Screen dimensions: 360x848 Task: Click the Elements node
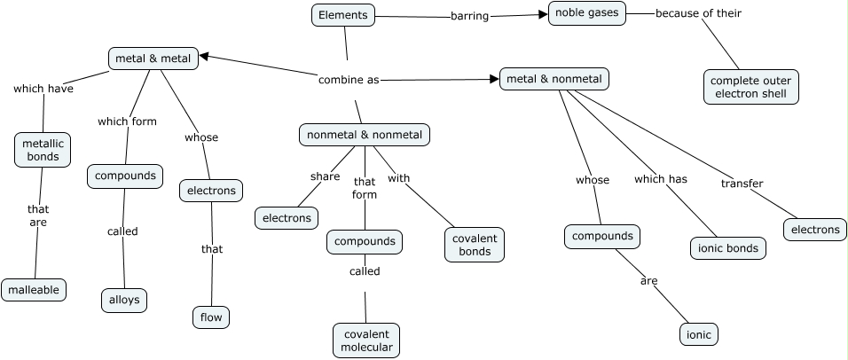(x=343, y=15)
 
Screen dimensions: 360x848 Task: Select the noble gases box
(x=587, y=13)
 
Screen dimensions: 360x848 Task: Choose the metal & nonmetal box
(x=554, y=79)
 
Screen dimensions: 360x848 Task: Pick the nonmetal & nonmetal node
(x=365, y=135)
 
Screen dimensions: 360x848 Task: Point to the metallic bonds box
(x=43, y=150)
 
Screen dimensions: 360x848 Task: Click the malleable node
(x=34, y=289)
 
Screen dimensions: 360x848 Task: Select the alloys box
(x=123, y=300)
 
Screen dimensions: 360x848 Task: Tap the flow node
(x=211, y=317)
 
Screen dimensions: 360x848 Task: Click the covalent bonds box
(x=475, y=245)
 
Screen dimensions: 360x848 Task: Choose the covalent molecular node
(x=366, y=340)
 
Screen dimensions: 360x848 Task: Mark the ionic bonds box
(x=727, y=248)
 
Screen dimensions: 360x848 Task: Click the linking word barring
(x=469, y=16)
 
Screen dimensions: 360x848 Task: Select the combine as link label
(x=349, y=80)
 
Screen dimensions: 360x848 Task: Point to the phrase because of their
(x=698, y=13)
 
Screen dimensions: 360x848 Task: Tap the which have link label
(x=43, y=88)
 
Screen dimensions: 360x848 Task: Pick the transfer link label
(x=742, y=184)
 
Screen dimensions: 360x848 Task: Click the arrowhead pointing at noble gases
(x=543, y=13)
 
